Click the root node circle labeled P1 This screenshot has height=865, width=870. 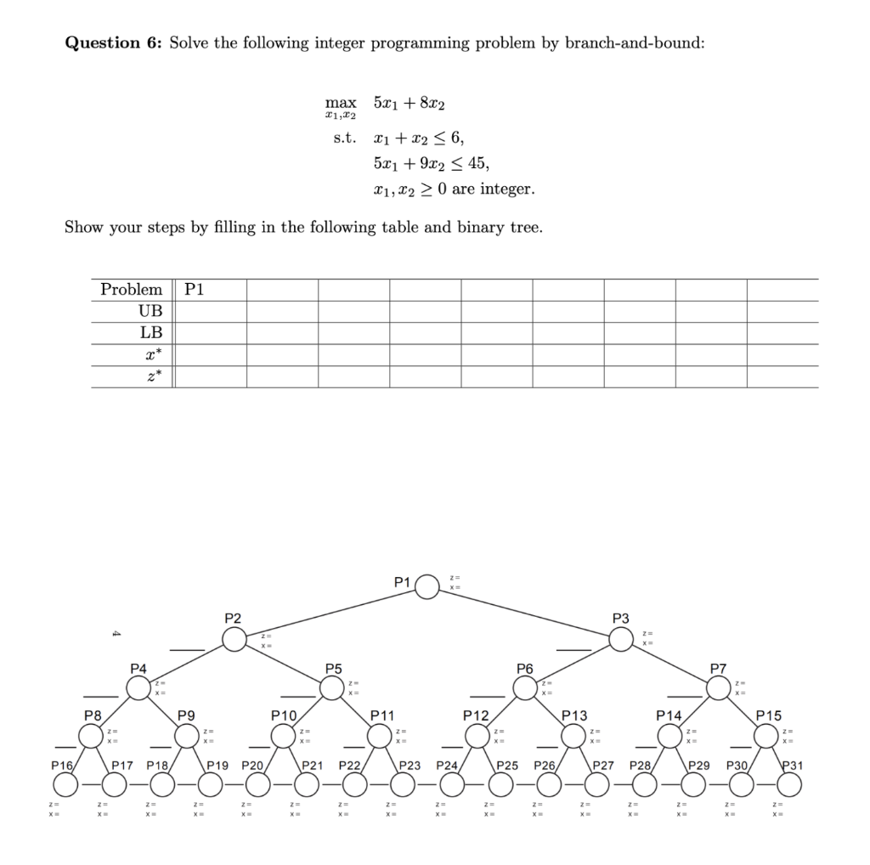click(427, 587)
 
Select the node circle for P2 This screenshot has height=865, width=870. click(235, 639)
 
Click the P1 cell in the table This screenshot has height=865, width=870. click(195, 289)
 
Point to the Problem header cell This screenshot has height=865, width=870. click(131, 289)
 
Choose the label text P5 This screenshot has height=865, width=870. click(334, 669)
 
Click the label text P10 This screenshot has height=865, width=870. click(283, 717)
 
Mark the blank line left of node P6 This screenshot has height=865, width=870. click(495, 698)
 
